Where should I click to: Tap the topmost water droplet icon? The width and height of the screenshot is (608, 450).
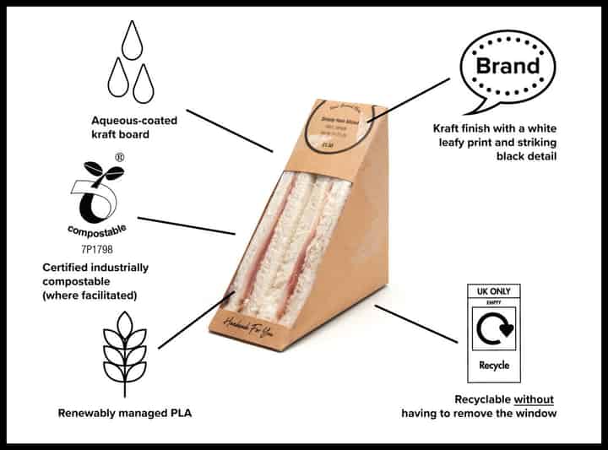click(x=132, y=40)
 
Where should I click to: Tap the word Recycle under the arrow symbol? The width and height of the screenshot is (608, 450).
click(x=494, y=366)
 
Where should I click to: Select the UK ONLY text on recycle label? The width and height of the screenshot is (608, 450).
click(x=494, y=291)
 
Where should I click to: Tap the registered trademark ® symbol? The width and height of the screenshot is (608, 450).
click(x=120, y=157)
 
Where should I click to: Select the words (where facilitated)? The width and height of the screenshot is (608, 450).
click(x=90, y=295)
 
